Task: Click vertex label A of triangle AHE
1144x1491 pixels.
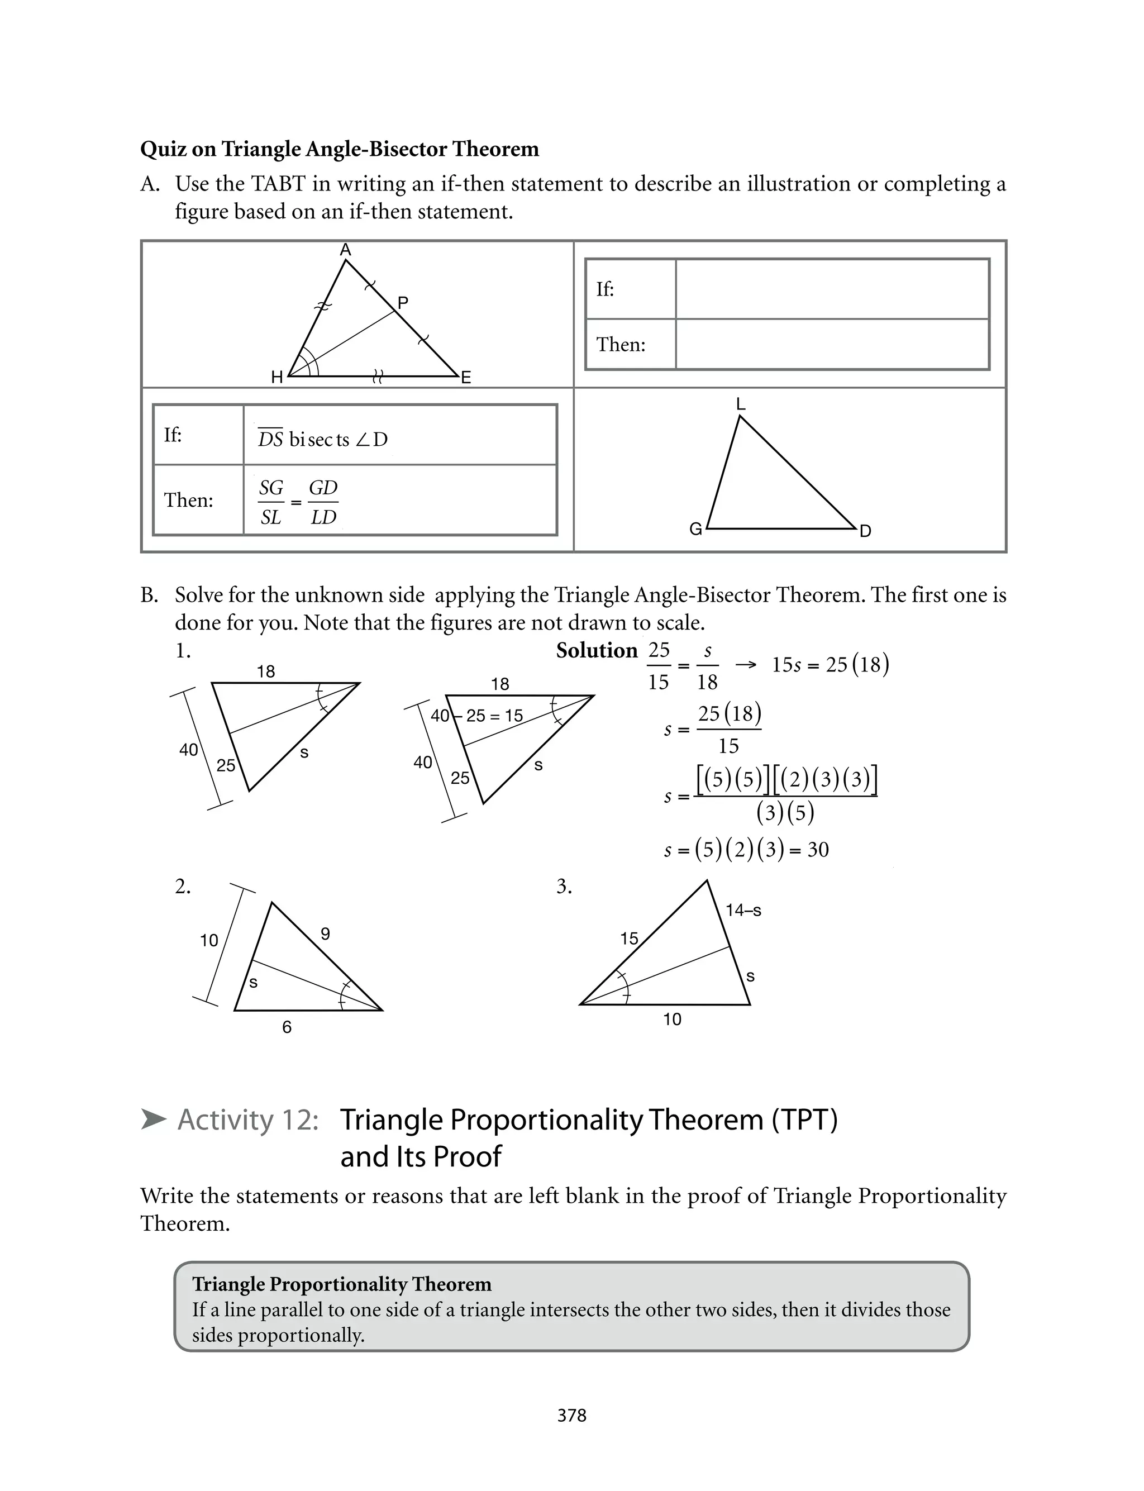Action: [345, 250]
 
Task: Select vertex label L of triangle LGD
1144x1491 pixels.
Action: [741, 404]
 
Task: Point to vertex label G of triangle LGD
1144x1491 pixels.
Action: [695, 529]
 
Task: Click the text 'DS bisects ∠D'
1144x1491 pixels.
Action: [323, 439]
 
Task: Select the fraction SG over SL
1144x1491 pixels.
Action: [271, 502]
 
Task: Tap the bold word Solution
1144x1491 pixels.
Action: [597, 651]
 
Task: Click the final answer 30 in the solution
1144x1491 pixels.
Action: [818, 850]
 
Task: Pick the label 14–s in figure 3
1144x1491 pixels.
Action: [743, 910]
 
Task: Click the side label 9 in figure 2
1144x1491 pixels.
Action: [326, 934]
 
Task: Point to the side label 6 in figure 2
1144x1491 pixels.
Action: [287, 1027]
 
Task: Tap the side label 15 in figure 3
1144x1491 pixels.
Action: [628, 939]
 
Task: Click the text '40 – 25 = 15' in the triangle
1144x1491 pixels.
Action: [478, 716]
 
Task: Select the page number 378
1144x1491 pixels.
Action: [571, 1416]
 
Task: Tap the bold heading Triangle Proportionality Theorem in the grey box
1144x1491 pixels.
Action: [341, 1284]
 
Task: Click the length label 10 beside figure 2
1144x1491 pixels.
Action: [208, 941]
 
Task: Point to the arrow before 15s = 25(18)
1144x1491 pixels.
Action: [746, 664]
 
